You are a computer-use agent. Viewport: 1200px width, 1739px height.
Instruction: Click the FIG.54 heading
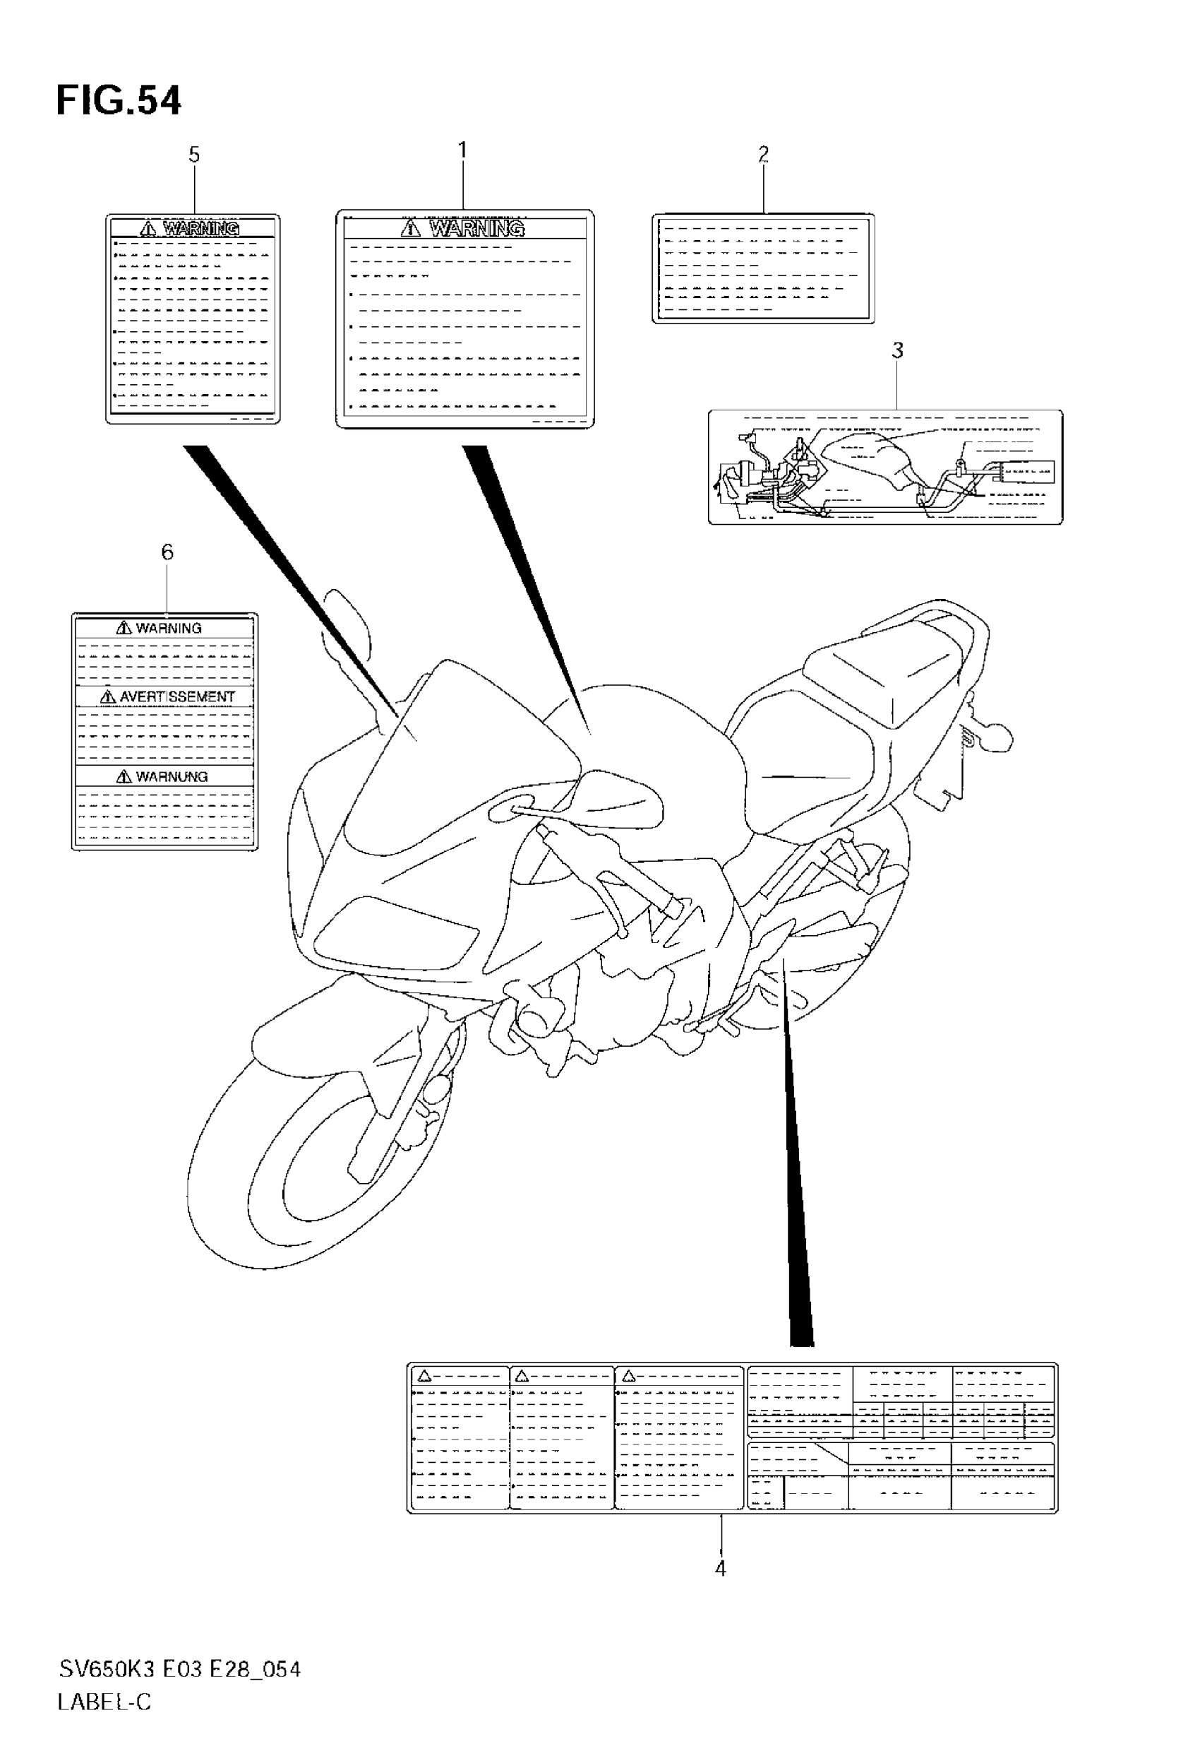click(x=119, y=101)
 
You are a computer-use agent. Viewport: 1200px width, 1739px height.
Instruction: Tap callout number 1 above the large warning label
click(x=462, y=150)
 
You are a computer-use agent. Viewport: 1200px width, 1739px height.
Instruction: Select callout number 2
click(x=763, y=155)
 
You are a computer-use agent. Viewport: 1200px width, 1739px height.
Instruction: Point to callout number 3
click(x=897, y=350)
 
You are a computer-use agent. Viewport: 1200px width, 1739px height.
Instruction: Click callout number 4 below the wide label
click(x=720, y=1569)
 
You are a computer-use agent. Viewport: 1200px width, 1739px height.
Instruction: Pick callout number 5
click(x=194, y=155)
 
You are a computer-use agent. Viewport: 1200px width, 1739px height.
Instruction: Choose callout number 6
click(x=167, y=552)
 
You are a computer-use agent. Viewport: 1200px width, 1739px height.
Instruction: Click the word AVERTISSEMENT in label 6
click(x=176, y=697)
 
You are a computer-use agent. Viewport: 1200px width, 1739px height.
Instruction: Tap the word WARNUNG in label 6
click(x=172, y=777)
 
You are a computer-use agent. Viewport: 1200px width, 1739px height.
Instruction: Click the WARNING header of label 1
click(x=476, y=228)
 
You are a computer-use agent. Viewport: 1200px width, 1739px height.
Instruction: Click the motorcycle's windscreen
click(x=451, y=752)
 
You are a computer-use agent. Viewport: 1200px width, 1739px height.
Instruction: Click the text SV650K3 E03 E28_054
click(x=180, y=1670)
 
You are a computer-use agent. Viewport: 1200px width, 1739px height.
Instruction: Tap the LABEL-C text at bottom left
click(x=104, y=1702)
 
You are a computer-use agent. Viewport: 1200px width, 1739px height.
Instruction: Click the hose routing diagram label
click(x=885, y=467)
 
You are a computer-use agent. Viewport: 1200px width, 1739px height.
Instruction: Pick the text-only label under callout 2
click(x=763, y=268)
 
